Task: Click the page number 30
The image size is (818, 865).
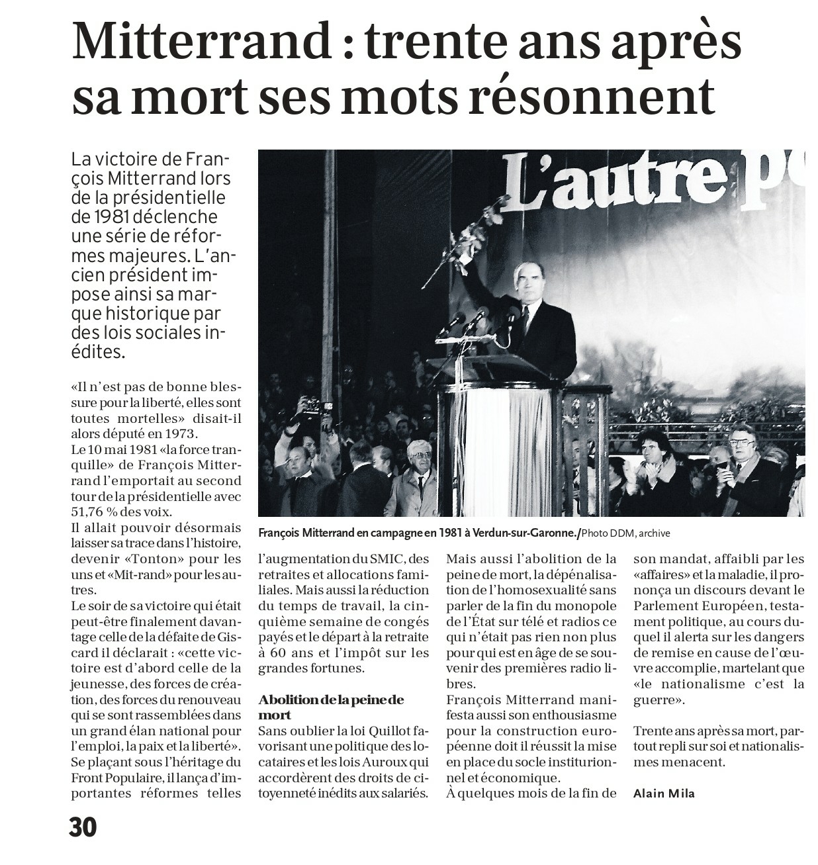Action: pos(83,827)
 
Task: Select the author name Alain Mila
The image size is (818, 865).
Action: pos(664,793)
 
